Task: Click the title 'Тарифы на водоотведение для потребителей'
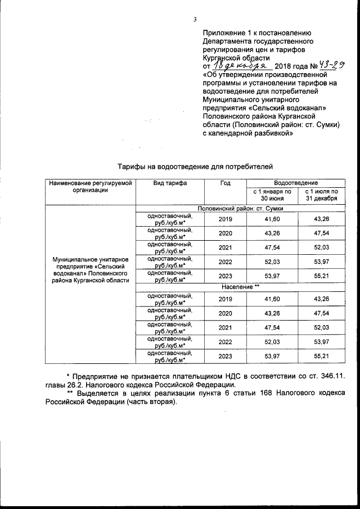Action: click(195, 167)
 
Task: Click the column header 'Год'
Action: click(225, 183)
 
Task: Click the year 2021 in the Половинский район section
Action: click(225, 248)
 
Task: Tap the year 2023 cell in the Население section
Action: click(225, 356)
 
